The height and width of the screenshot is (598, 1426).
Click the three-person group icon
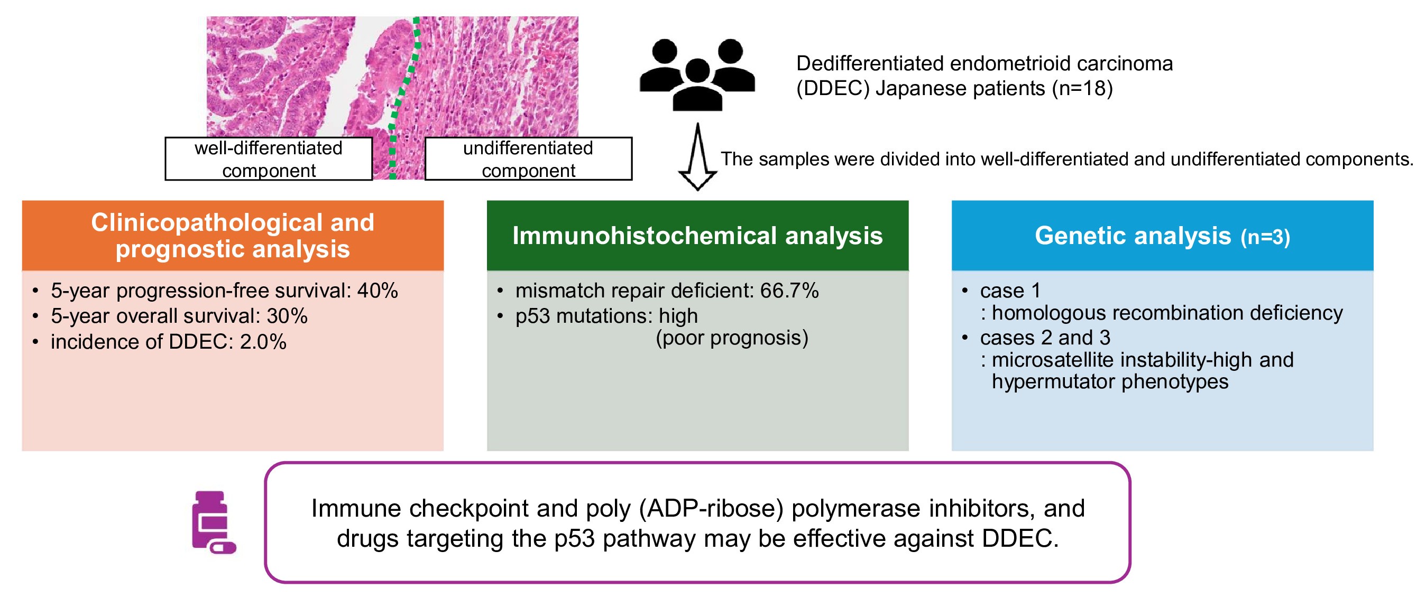[x=697, y=74]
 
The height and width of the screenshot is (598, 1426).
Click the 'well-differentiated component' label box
[x=269, y=159]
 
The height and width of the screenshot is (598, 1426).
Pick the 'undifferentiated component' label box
[x=528, y=159]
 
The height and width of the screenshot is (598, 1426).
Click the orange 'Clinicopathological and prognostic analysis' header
[x=233, y=236]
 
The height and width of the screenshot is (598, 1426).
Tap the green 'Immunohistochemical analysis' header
[x=697, y=236]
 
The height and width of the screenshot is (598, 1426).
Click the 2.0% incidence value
[x=263, y=342]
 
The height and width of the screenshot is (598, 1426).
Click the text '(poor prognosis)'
[x=732, y=338]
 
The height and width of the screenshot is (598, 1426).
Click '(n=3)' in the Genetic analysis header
[x=1265, y=237]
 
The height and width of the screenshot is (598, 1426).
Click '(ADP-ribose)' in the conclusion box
[x=711, y=508]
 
